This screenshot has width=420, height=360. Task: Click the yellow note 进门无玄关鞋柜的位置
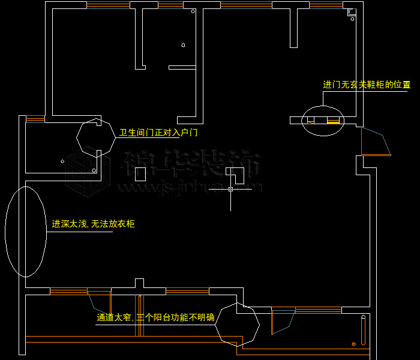367,85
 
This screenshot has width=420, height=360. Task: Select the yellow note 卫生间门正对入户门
158,133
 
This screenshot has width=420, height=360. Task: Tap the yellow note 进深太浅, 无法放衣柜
93,224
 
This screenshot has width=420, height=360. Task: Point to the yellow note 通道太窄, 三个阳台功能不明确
155,318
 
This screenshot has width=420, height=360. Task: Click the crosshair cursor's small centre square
230,189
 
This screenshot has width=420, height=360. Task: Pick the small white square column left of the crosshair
140,174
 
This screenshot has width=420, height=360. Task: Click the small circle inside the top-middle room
183,45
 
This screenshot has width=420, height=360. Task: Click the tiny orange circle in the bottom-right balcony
354,344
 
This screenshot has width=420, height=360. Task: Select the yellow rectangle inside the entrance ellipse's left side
310,122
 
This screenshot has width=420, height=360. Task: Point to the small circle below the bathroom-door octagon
94,170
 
